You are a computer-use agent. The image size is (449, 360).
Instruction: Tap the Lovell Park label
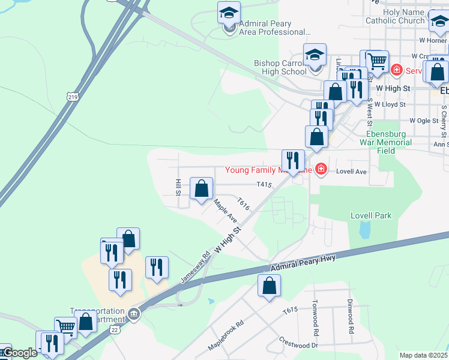pyautogui.click(x=370, y=215)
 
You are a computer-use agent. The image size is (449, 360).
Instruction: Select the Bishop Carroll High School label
pyautogui.click(x=280, y=67)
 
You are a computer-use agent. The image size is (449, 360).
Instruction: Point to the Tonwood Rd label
pyautogui.click(x=314, y=317)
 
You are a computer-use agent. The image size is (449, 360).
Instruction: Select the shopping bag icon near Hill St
pyautogui.click(x=202, y=188)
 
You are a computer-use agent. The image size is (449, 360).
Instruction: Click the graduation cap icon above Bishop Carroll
pyautogui.click(x=314, y=55)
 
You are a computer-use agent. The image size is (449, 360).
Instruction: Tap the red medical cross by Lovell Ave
pyautogui.click(x=321, y=170)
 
